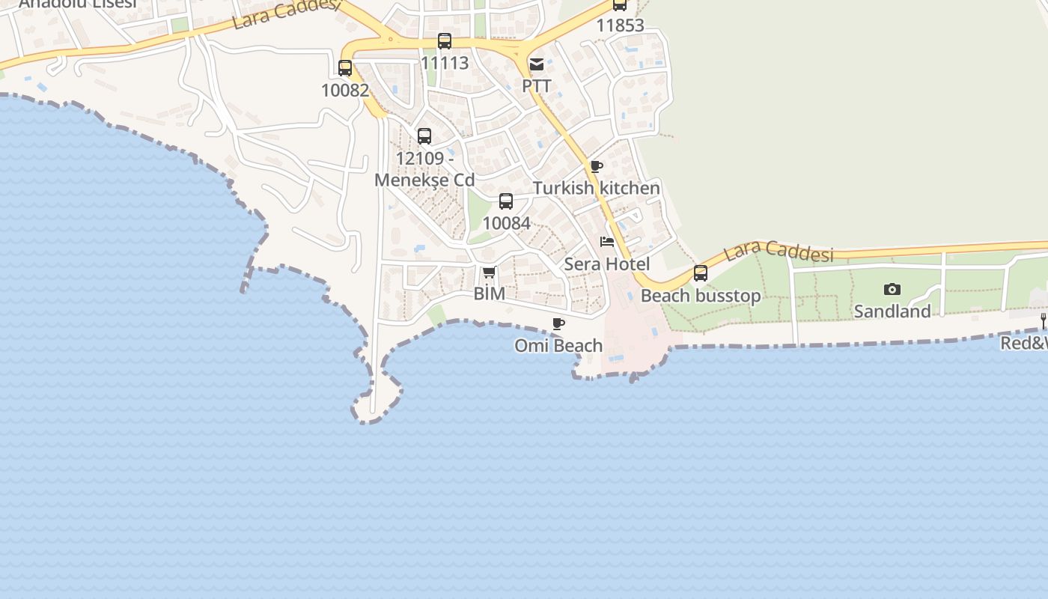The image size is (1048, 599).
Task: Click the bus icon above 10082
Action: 345,68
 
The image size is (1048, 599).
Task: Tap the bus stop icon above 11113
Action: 445,41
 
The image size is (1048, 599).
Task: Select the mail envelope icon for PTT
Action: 537,64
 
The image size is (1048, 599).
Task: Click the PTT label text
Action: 537,85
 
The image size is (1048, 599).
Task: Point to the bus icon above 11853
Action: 620,4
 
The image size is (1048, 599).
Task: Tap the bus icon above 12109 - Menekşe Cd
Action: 424,136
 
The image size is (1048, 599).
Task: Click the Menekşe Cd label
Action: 424,180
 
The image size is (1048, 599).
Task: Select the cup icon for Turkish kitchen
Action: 596,166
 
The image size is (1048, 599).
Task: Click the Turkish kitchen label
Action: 597,188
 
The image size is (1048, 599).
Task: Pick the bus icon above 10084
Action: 506,201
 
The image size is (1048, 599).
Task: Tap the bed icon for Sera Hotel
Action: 607,242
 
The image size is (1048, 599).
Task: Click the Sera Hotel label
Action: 607,264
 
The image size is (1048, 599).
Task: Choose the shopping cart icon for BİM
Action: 489,272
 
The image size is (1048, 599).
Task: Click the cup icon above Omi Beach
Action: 558,323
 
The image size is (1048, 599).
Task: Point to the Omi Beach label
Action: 558,345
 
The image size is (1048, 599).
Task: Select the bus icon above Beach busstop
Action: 701,273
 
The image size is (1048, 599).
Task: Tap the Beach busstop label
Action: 701,296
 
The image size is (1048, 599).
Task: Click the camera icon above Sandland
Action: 892,289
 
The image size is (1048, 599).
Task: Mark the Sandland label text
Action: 892,311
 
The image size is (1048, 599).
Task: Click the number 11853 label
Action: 620,25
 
